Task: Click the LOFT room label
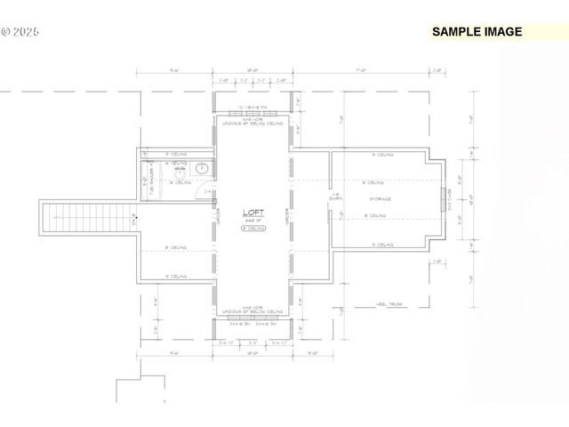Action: [x=252, y=213]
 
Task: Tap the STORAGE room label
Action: [x=381, y=198]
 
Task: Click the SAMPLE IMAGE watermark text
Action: [x=477, y=32]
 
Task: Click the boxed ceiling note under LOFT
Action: [x=252, y=229]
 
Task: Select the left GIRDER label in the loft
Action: [x=218, y=213]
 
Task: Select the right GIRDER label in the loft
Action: [x=287, y=213]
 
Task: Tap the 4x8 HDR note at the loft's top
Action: [x=252, y=123]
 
